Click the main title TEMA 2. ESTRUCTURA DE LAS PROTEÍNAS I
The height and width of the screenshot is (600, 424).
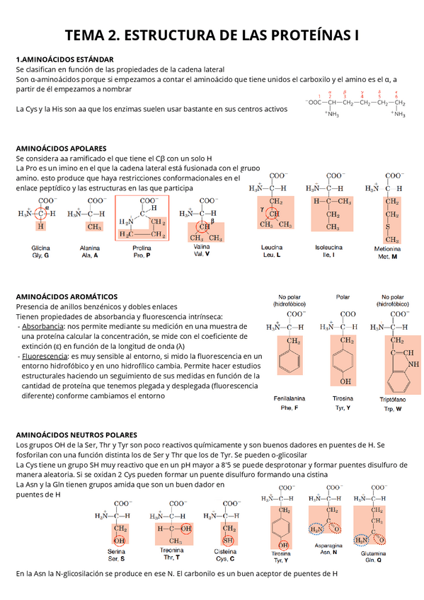pos(212,35)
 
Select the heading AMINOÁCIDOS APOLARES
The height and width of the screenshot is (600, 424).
pos(61,149)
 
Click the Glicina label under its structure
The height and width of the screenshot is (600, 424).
pos(40,248)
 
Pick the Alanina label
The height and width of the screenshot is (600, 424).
pos(90,248)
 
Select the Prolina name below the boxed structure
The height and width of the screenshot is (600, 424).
pos(142,248)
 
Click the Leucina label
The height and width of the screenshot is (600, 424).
pos(272,248)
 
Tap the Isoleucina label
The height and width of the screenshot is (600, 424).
pos(328,248)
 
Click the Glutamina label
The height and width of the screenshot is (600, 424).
pos(372,553)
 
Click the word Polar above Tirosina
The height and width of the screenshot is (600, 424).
pos(343,297)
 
